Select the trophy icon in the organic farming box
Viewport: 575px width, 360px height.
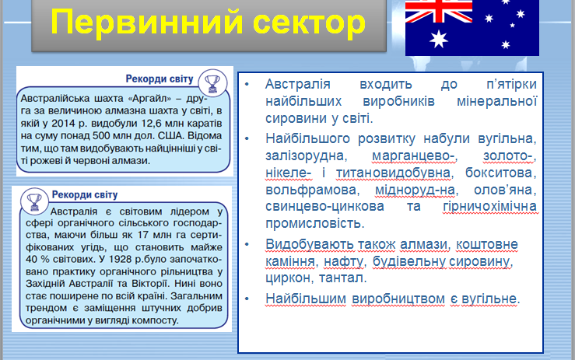(34, 201)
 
